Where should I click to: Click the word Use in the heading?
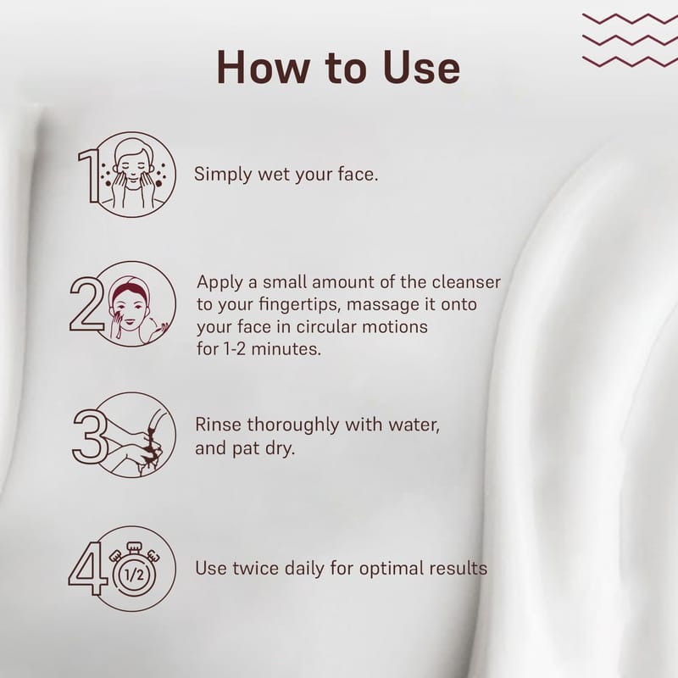pyautogui.click(x=421, y=68)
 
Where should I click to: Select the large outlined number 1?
pyautogui.click(x=89, y=176)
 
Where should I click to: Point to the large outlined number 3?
pyautogui.click(x=90, y=436)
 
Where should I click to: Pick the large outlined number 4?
pyautogui.click(x=87, y=568)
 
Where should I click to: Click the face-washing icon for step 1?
pyautogui.click(x=133, y=175)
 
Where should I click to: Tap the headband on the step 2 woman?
pyautogui.click(x=131, y=288)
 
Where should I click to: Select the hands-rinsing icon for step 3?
pyautogui.click(x=133, y=435)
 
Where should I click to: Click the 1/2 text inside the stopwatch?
pyautogui.click(x=134, y=575)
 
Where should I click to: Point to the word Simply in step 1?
pyautogui.click(x=223, y=175)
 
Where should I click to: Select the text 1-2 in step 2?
pyautogui.click(x=235, y=348)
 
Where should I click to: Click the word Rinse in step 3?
pyautogui.click(x=218, y=425)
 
